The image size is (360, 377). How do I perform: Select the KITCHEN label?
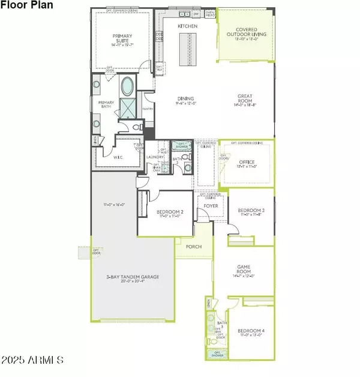coord(187,26)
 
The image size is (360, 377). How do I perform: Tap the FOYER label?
coord(211,206)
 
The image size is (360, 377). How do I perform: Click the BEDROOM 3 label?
coord(249,210)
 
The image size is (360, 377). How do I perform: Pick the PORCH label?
coord(194,247)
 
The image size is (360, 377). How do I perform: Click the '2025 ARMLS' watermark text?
coord(34,361)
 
